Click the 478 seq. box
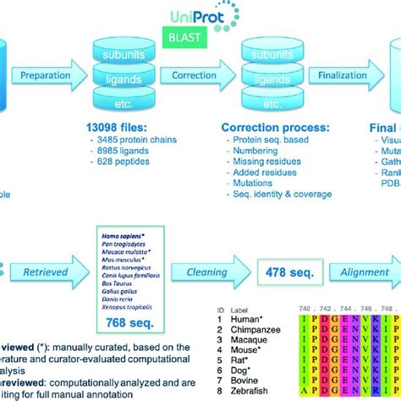coord(288,272)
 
